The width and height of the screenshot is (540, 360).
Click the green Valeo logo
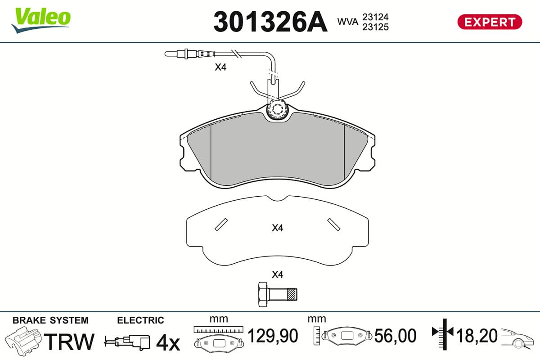41,20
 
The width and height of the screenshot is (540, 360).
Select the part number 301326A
270,22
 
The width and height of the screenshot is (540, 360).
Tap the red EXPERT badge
490,22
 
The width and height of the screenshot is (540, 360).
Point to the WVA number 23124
375,17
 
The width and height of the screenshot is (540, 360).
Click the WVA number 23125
375,27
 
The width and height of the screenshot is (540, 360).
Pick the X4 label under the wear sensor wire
220,67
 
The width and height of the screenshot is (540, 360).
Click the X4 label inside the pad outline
278,228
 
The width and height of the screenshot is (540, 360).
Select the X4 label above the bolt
278,274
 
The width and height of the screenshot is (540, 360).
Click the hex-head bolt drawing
278,294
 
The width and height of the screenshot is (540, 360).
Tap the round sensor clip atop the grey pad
277,110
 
